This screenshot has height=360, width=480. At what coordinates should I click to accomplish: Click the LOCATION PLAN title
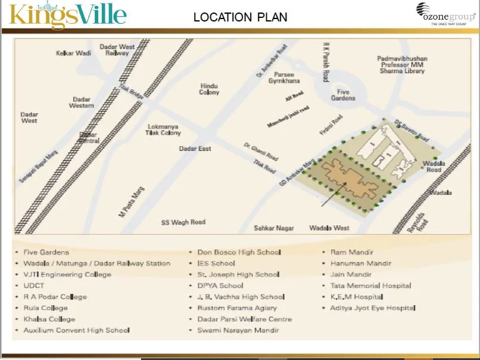(x=240, y=17)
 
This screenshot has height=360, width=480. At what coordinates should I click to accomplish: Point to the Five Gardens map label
(x=344, y=95)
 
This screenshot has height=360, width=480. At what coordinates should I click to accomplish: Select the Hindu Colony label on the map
(x=209, y=89)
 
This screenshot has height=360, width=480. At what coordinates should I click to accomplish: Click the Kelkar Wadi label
(x=73, y=53)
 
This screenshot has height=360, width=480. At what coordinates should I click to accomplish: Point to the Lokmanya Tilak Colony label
(x=163, y=129)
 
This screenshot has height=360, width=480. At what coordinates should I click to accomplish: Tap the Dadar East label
(x=195, y=148)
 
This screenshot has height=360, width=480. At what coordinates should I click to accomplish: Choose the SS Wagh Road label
(x=183, y=222)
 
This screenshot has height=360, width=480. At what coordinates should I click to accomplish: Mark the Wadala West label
(x=329, y=228)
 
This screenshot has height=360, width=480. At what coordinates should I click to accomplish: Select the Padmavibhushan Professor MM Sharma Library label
(x=403, y=64)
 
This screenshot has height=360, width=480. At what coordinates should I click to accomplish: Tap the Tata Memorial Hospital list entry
(x=370, y=285)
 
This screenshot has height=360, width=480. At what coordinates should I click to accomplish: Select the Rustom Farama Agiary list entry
(x=237, y=308)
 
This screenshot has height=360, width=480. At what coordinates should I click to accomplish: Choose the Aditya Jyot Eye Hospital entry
(x=372, y=308)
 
